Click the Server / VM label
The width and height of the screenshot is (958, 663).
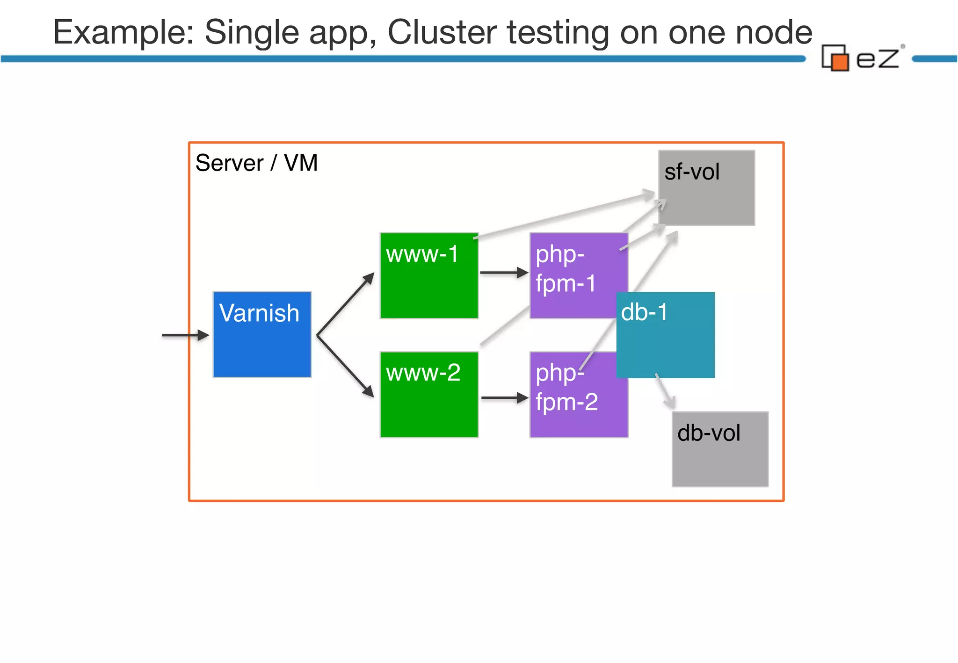pyautogui.click(x=256, y=163)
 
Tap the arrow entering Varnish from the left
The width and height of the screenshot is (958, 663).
pyautogui.click(x=185, y=335)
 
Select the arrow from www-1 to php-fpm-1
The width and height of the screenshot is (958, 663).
pyautogui.click(x=503, y=273)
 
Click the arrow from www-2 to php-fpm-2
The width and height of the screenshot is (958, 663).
pyautogui.click(x=504, y=398)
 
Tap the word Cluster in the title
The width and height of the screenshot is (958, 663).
pyautogui.click(x=442, y=33)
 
